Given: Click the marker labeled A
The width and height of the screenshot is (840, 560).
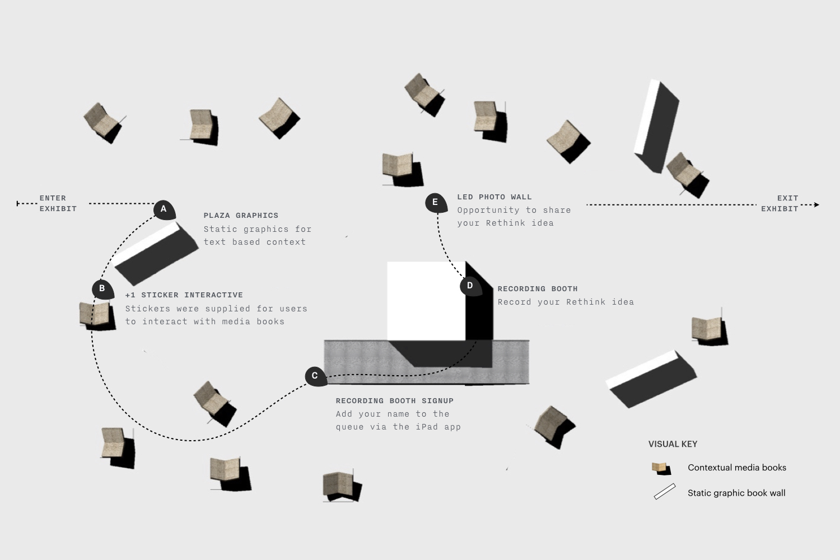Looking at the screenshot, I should [x=164, y=209].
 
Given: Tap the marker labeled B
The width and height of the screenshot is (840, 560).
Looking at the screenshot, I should [x=102, y=289].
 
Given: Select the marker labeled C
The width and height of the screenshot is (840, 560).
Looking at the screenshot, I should [x=315, y=376].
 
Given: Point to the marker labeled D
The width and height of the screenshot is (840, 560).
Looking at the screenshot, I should [x=470, y=286].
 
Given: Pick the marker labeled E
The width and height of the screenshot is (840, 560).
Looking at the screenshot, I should [x=435, y=202].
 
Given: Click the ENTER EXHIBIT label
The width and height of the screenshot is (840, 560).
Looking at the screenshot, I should [x=58, y=203].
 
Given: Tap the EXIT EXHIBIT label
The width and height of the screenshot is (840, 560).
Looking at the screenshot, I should [x=780, y=203].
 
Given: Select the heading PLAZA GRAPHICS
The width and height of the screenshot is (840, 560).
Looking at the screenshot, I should [x=241, y=216].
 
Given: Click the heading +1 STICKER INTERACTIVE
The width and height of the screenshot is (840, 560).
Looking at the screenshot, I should [x=184, y=295].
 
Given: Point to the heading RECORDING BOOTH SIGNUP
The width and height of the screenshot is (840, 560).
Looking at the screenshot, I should [x=394, y=401].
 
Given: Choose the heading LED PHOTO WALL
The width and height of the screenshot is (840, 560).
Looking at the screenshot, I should [x=494, y=197].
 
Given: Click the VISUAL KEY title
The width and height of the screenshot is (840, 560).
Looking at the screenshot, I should [x=673, y=444].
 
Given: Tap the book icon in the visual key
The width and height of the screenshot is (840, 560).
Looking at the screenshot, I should [x=661, y=468].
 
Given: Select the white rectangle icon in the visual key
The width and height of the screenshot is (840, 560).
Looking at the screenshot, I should [x=665, y=492].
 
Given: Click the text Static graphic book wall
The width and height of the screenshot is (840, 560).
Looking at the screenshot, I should [x=736, y=493].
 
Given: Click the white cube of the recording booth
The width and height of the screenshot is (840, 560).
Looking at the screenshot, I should [x=426, y=300].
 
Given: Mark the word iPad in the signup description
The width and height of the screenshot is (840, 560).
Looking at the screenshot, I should [x=426, y=427].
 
